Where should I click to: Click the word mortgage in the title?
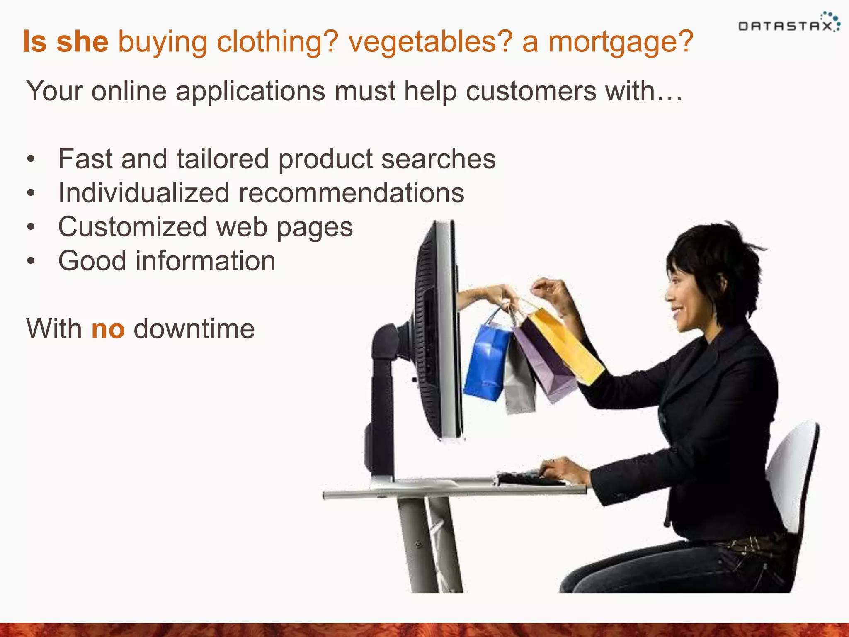click(x=620, y=42)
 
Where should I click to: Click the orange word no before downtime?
click(x=108, y=329)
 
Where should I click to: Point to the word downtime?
click(x=194, y=329)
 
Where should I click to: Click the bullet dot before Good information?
click(x=31, y=261)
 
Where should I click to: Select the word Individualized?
click(x=143, y=193)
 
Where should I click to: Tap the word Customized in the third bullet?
click(x=133, y=227)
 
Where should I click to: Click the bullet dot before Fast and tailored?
click(x=31, y=160)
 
